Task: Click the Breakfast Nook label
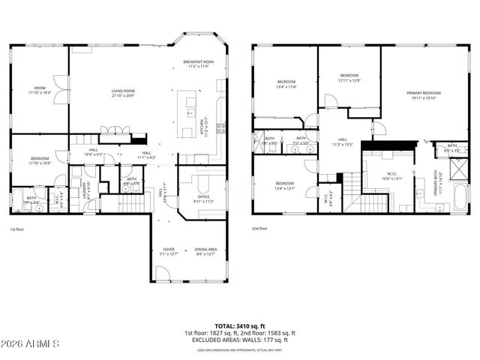[198, 63]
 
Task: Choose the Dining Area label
[205, 252]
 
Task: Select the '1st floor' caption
[18, 229]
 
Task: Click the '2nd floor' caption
[260, 229]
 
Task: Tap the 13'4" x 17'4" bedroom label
[287, 84]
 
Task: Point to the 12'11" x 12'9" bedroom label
[349, 78]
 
